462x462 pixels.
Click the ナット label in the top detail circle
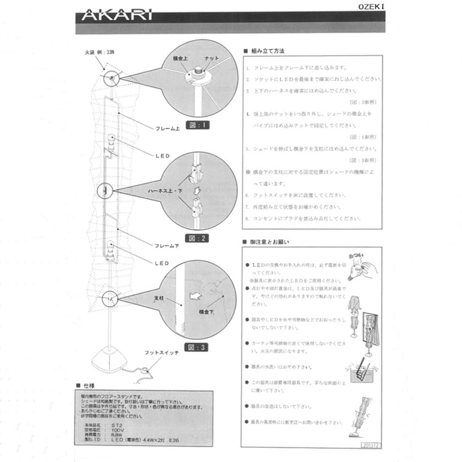tap(211, 58)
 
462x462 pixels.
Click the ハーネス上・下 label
tap(164, 191)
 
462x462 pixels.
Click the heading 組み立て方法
tap(267, 51)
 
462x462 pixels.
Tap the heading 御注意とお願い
tap(269, 242)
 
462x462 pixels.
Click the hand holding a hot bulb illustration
tap(360, 266)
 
